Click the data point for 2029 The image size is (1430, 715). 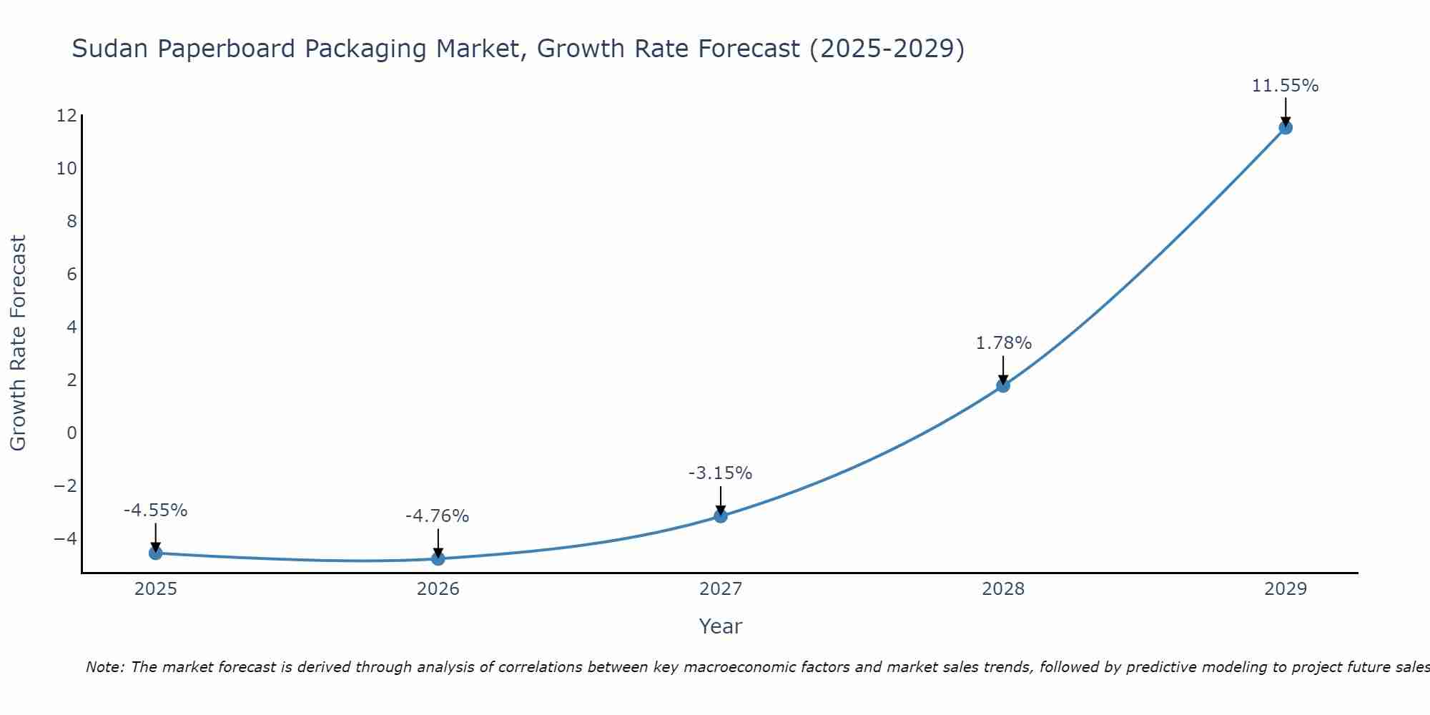point(1285,128)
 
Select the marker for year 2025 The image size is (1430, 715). point(156,553)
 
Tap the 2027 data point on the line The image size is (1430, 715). point(721,516)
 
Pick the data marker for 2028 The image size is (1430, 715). point(1003,385)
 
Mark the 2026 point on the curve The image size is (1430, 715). point(438,558)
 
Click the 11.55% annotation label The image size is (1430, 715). point(1285,86)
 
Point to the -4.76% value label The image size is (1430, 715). point(437,516)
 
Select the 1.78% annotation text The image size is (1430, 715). point(1003,343)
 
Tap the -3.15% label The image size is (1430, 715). point(720,473)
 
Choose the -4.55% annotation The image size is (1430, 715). point(155,511)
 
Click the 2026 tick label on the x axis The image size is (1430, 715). point(438,589)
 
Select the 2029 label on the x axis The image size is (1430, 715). point(1285,589)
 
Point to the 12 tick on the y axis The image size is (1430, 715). point(66,116)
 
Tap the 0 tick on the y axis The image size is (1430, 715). point(71,433)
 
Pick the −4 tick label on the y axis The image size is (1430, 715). point(65,538)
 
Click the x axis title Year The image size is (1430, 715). point(720,626)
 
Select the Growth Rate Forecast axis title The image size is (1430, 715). point(18,343)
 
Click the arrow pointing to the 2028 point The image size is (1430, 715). point(1003,370)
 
